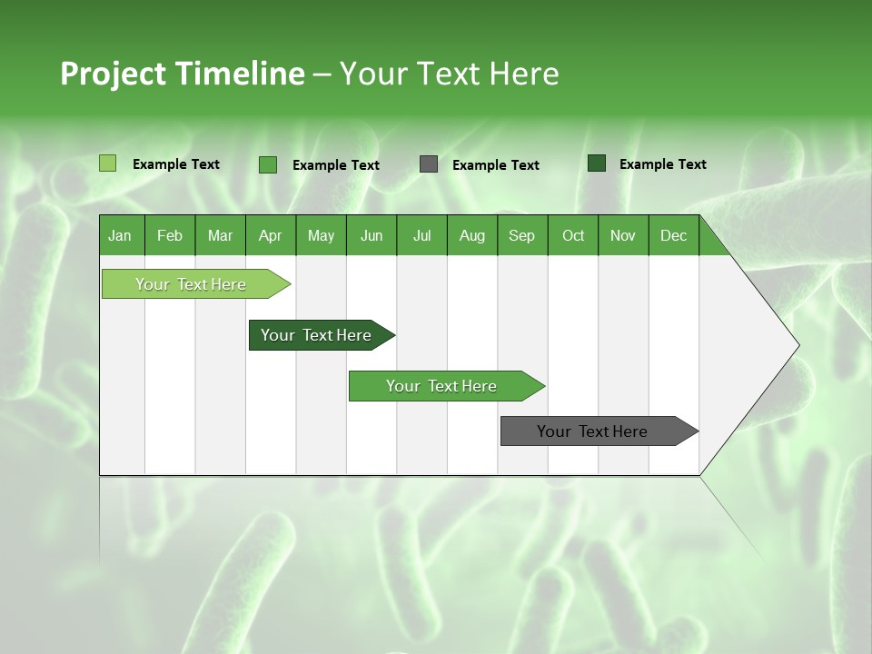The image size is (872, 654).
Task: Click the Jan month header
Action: (x=121, y=235)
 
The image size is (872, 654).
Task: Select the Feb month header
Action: (x=170, y=235)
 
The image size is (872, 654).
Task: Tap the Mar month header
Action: (x=220, y=235)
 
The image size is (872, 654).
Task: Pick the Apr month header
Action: (x=271, y=235)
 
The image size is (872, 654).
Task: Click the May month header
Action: (x=321, y=235)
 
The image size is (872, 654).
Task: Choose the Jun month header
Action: (x=372, y=235)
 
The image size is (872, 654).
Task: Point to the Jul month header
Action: (x=421, y=235)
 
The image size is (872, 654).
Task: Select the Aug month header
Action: (x=472, y=235)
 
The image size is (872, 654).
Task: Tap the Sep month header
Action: (x=522, y=235)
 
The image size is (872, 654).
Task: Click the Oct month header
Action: (x=573, y=235)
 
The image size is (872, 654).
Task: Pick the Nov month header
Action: (x=623, y=235)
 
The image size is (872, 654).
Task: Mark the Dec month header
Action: (x=674, y=235)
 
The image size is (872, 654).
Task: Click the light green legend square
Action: (x=107, y=163)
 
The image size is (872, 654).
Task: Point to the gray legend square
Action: (x=429, y=164)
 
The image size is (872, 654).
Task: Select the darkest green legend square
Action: (x=597, y=163)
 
